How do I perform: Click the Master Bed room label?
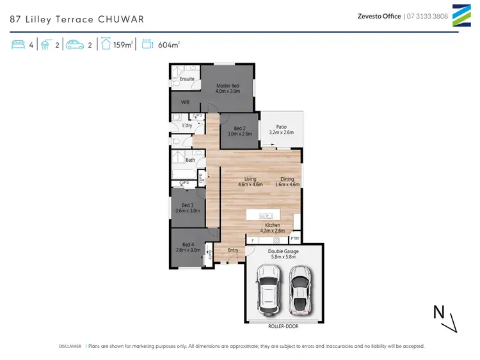pos(227,86)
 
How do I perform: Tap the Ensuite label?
pos(187,79)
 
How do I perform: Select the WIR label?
pos(185,102)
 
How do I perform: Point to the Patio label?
pos(280,127)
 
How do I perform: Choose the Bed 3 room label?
pos(187,205)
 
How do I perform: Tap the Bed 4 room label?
pos(188,244)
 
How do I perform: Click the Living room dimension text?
pos(250,185)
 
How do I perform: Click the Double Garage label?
pos(283,251)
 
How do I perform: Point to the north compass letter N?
pos(439,311)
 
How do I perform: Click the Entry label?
pos(233,250)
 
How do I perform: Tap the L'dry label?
pos(187,125)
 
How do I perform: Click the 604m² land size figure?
pos(170,45)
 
